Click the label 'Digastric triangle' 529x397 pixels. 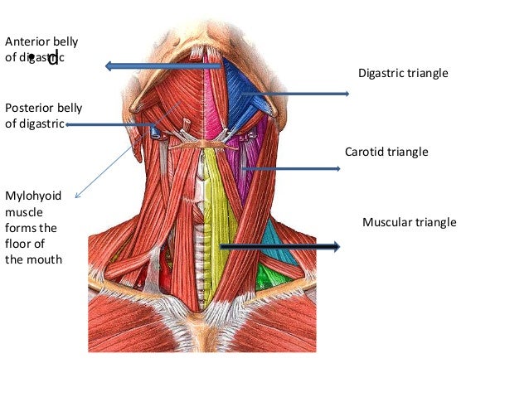(x=403, y=74)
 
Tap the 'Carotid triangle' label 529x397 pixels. (x=386, y=153)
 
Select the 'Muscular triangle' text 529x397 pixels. (x=410, y=223)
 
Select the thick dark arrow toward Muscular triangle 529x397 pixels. (x=282, y=246)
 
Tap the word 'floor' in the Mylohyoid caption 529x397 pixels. (x=18, y=243)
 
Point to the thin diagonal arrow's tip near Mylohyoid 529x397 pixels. (x=76, y=197)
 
